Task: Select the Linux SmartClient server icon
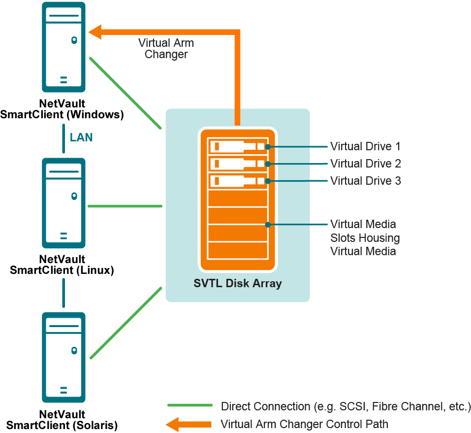coord(63,202)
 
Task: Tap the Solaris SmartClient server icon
coord(63,358)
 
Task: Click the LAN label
coord(81,137)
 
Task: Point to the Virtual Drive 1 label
coord(365,146)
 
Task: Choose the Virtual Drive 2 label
coord(365,164)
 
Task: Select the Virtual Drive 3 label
coord(365,181)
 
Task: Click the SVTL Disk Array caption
coord(238,283)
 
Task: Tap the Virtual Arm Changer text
coord(166,49)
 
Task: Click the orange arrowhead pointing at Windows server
coord(95,33)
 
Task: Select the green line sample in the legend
coord(189,406)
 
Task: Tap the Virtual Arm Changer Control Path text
coord(304,424)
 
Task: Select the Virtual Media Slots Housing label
coord(364,238)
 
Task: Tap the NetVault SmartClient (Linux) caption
coord(62,265)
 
